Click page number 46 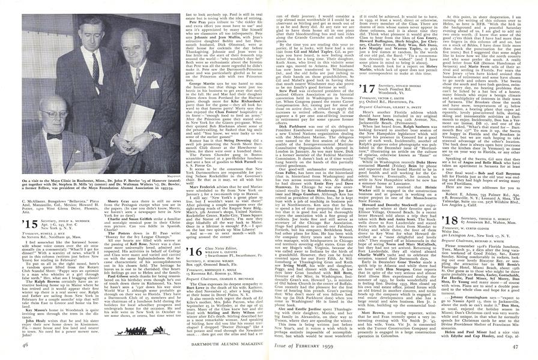click(25, 346)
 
